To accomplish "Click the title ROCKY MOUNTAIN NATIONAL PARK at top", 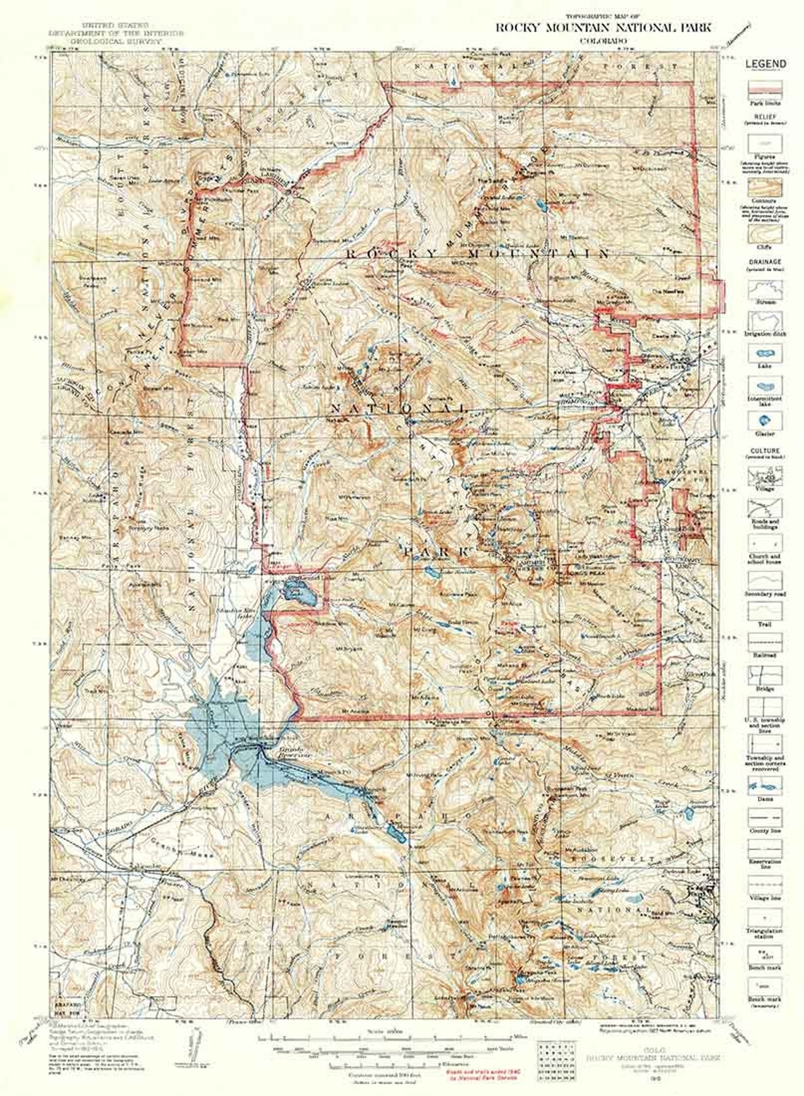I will coord(602,28).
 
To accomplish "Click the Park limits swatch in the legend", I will coord(765,88).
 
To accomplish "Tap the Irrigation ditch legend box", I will coord(765,322).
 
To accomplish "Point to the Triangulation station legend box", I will coord(765,917).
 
